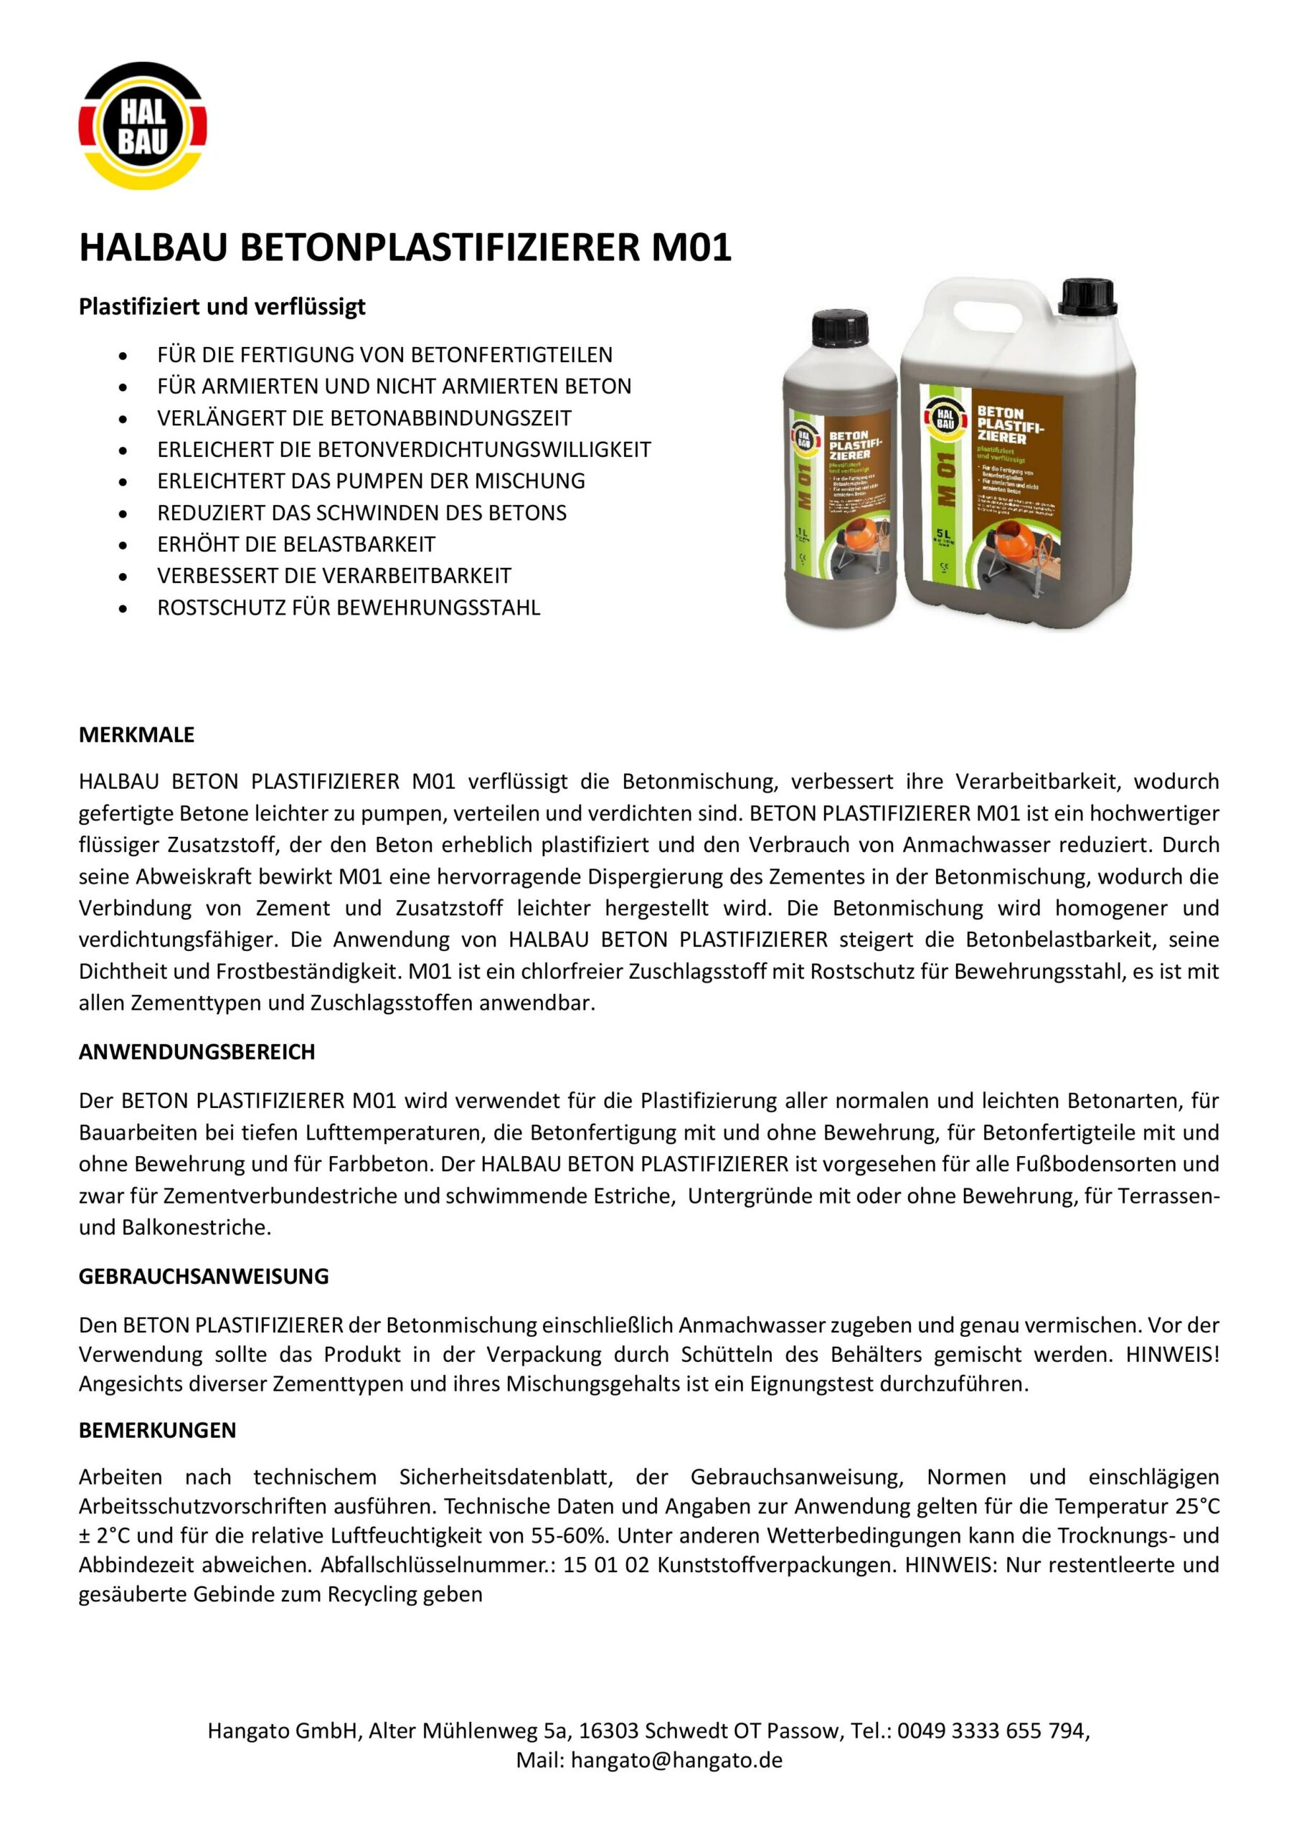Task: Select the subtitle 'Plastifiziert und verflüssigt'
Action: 222,307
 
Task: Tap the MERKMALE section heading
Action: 136,735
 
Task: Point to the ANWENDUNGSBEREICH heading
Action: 197,1052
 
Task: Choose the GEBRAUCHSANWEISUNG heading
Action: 203,1277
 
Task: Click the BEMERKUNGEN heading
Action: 158,1431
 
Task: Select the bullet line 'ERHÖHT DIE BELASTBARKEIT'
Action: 296,544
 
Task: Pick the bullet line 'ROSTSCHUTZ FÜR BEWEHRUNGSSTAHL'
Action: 349,607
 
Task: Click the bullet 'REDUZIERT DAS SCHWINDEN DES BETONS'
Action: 362,513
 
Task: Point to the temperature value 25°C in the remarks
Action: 1197,1507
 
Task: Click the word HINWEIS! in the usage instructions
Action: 1172,1355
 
